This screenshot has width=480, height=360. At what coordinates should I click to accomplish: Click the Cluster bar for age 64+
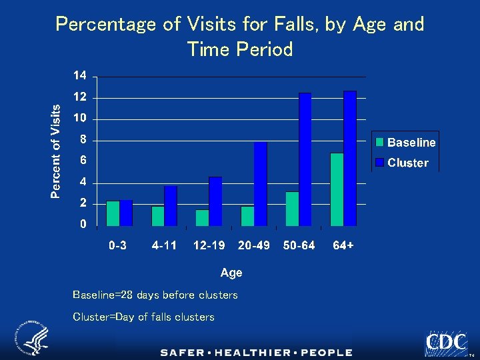pos(350,158)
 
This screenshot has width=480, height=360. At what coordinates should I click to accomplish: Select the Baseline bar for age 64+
pos(337,189)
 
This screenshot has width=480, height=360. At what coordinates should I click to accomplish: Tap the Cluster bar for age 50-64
pos(305,159)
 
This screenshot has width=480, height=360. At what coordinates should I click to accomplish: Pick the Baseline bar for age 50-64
pos(292,209)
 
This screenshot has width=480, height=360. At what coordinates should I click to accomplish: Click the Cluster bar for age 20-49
pos(261,183)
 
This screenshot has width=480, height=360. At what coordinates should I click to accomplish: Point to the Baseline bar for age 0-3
pos(113,213)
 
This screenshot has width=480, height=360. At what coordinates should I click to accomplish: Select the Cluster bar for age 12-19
pos(215,201)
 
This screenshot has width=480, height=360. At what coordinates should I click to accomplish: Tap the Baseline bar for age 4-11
pos(157,216)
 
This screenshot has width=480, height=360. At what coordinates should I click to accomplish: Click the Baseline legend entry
pos(405,142)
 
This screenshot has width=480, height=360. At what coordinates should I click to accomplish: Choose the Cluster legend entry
pos(402,163)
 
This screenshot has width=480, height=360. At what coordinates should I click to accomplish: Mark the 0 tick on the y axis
pos(83,225)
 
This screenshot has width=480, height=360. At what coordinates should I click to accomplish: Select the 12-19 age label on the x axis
pos(209,245)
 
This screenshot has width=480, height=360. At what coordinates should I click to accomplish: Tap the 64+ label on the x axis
pos(343,245)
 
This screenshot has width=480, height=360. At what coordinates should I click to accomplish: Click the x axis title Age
pos(231,273)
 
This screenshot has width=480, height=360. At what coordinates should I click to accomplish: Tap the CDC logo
pos(446,343)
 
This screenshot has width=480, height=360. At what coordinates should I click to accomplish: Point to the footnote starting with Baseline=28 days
pos(155,295)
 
